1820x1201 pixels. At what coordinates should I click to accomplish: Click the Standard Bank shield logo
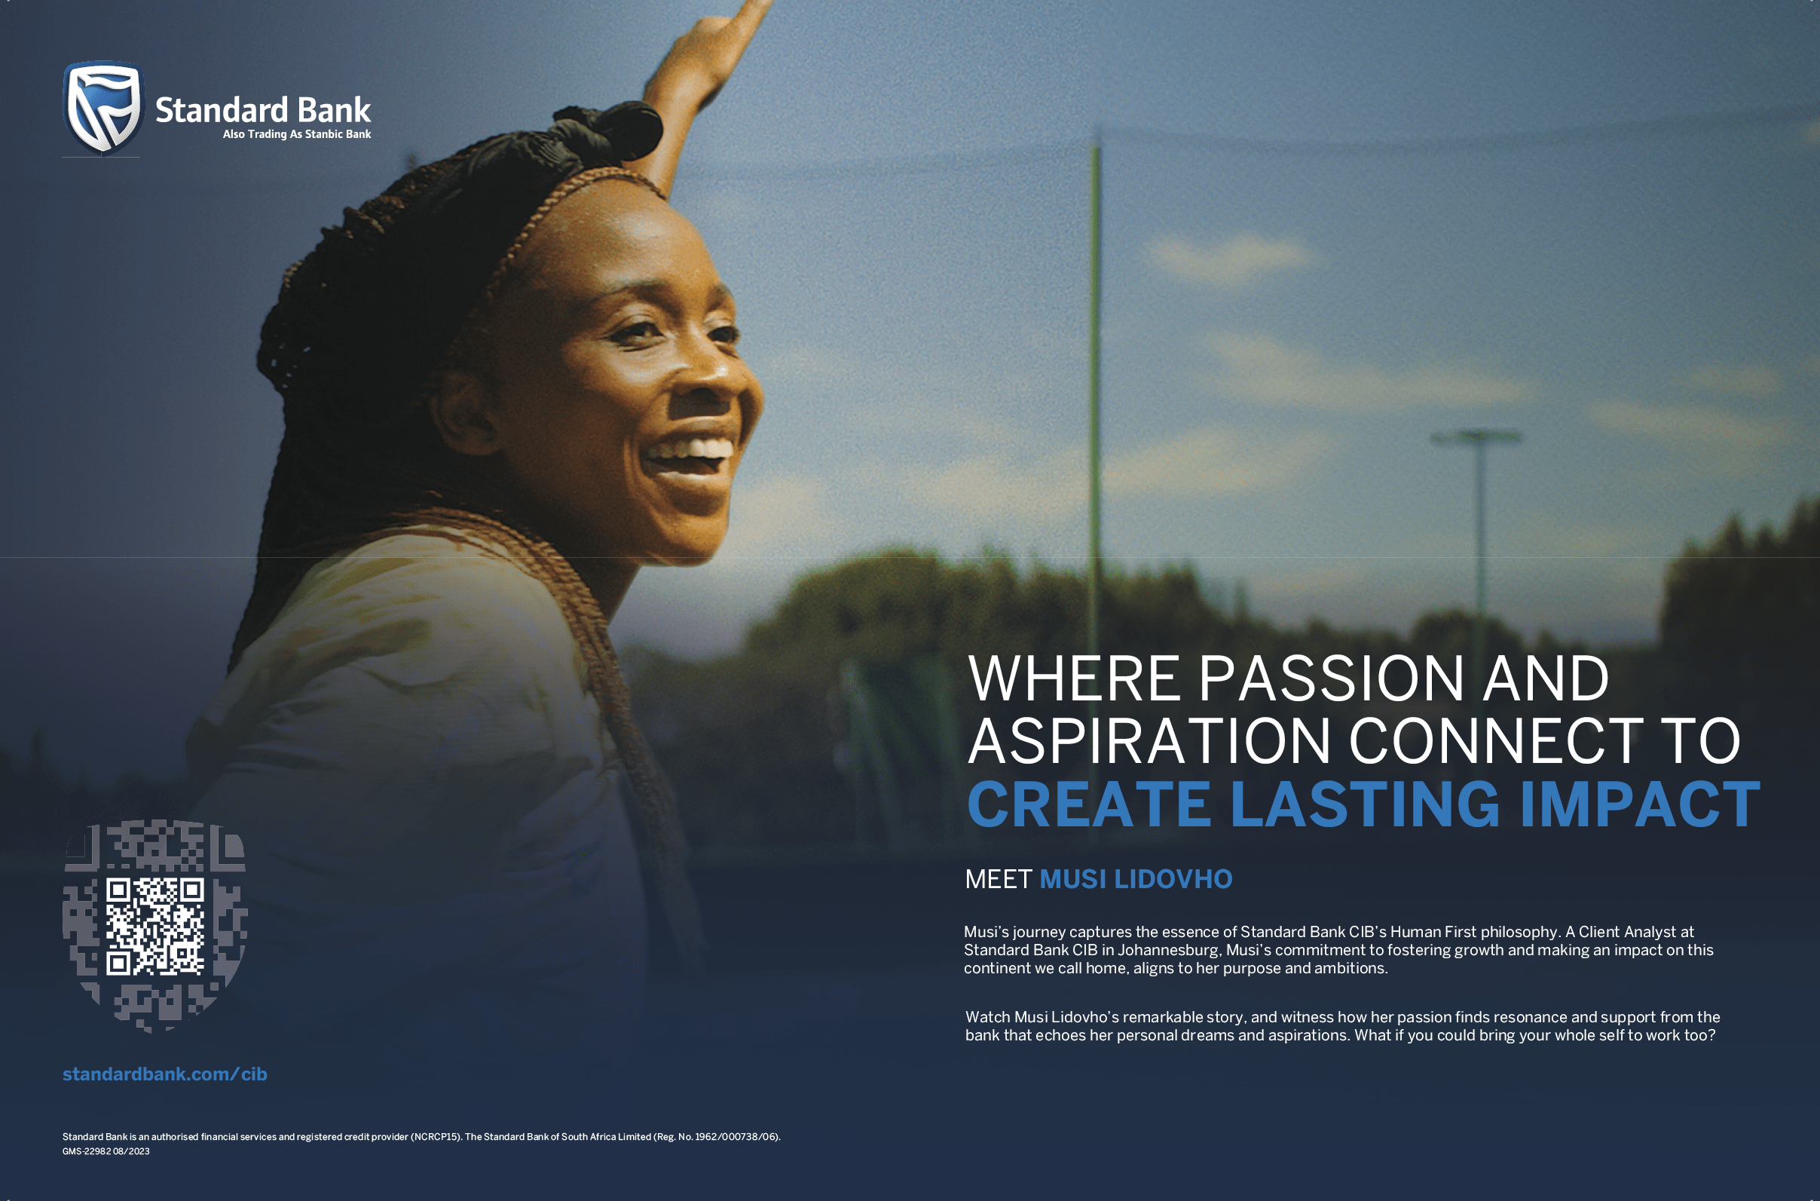point(103,107)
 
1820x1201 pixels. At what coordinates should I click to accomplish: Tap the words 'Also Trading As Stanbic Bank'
point(297,134)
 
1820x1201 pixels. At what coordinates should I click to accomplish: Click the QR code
point(154,926)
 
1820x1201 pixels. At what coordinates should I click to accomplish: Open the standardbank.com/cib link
point(164,1074)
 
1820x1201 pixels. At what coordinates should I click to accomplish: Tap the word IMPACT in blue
point(1639,804)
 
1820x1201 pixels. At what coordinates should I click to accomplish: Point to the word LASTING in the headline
point(1364,804)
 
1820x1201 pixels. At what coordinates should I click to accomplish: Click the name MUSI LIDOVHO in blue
point(1136,879)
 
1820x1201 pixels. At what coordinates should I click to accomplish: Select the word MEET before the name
point(999,879)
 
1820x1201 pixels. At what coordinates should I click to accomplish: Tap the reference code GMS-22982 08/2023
point(106,1151)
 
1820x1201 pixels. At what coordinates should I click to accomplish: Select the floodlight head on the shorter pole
point(1477,437)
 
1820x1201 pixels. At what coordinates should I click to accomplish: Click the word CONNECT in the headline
point(1495,740)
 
